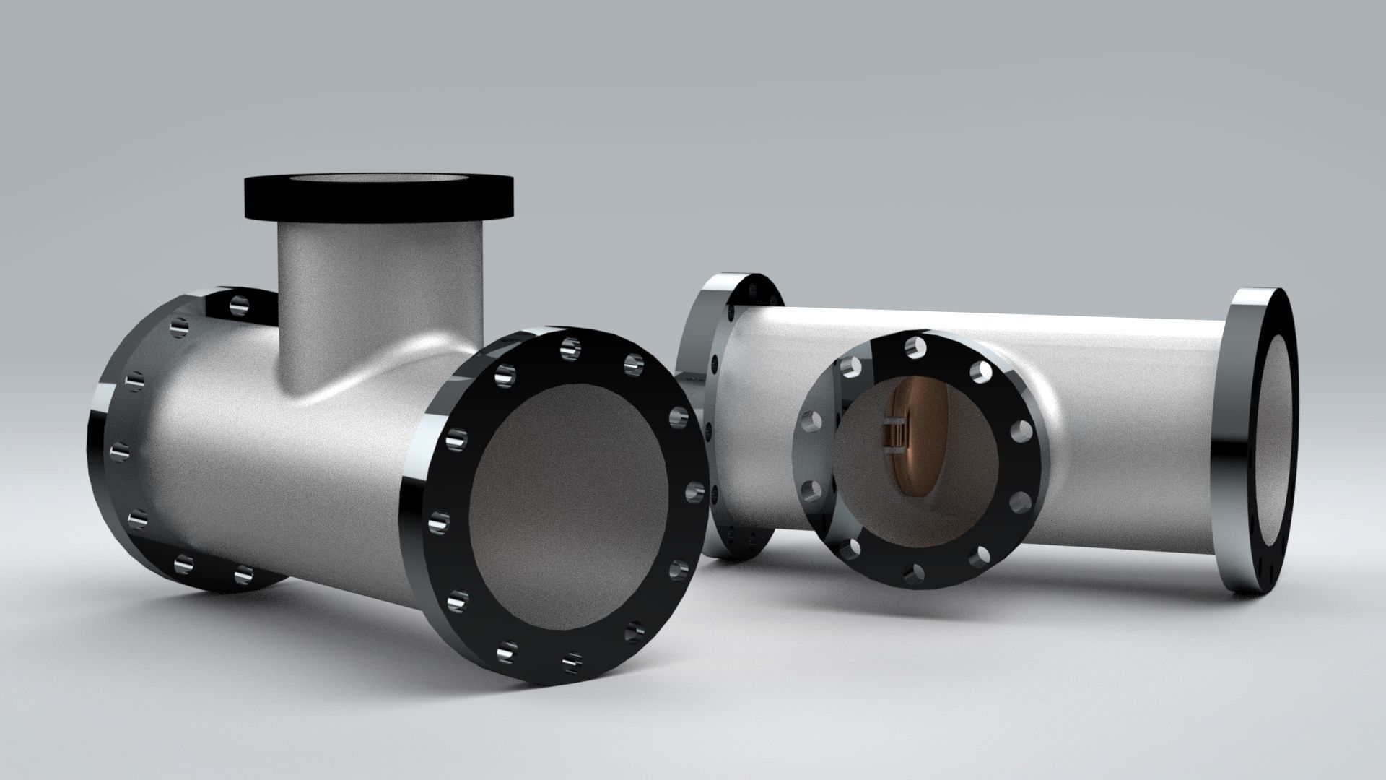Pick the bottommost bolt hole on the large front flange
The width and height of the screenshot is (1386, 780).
click(x=572, y=660)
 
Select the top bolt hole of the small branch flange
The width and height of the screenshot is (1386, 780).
click(x=915, y=347)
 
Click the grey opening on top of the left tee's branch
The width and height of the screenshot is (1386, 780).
click(x=378, y=181)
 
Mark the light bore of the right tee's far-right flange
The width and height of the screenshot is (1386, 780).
click(x=1278, y=448)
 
